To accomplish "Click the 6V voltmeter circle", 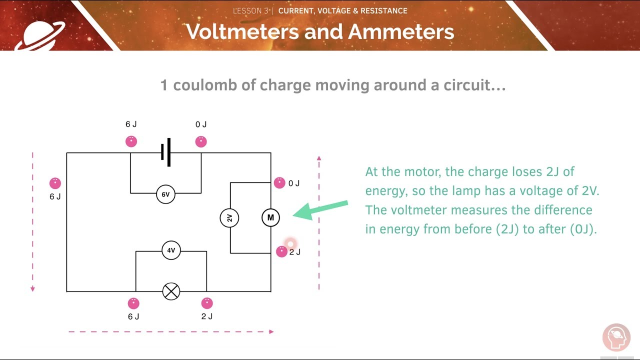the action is coord(165,193).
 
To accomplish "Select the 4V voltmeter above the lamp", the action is coord(171,250).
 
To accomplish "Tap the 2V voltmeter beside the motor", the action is coord(229,218).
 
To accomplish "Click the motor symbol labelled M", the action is coord(270,217).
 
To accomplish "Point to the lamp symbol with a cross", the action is coord(171,291).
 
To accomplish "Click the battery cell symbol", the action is coord(166,152).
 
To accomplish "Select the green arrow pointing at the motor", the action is coord(320,209).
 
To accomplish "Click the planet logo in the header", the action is coord(40,33).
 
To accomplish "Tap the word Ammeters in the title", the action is coord(401,31).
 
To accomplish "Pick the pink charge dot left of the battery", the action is coord(131,141).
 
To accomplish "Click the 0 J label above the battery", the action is coord(201,124).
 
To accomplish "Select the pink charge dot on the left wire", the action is coord(55,183).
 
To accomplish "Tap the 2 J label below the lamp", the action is coord(207,316).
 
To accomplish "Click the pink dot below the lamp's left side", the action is coord(133,303).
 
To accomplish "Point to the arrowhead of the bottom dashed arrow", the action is coord(271,331).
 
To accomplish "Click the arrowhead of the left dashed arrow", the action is coord(32,288).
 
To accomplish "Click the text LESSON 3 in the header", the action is coord(251,10).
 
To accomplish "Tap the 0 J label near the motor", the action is coord(294,183).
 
